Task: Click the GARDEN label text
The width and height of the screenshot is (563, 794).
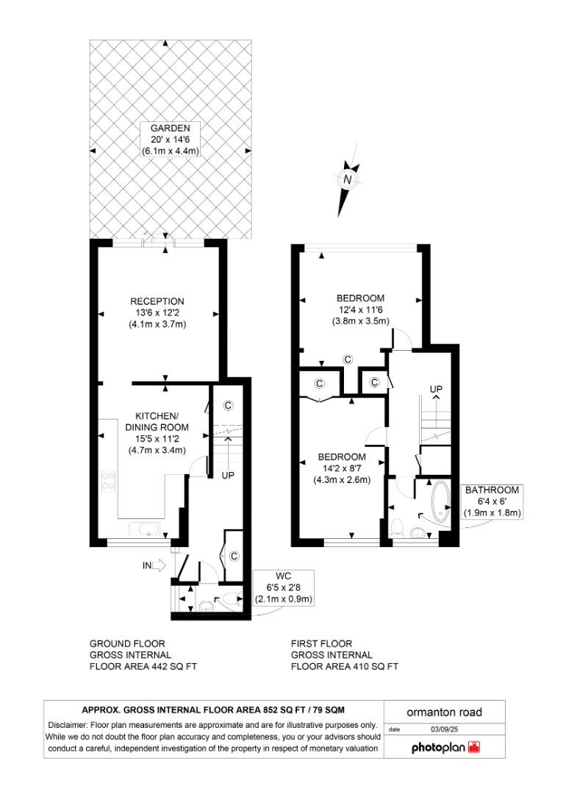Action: (171, 128)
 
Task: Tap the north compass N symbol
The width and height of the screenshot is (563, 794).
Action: (348, 179)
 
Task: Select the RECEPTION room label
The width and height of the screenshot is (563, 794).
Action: (157, 301)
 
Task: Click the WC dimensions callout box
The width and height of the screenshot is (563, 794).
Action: (284, 587)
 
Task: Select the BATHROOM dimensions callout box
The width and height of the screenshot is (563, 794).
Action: (492, 501)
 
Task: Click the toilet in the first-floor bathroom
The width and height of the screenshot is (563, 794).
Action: (397, 525)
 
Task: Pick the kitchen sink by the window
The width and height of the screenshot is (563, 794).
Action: (142, 529)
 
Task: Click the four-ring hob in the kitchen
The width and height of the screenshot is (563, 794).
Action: (108, 481)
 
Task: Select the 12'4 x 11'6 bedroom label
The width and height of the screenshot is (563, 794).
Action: (360, 298)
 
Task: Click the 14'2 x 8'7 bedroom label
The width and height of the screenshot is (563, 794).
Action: (342, 457)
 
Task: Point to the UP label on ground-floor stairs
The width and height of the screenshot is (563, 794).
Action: (228, 476)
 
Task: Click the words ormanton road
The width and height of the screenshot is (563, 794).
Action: (445, 712)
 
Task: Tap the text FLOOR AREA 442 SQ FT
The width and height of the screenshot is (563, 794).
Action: (143, 667)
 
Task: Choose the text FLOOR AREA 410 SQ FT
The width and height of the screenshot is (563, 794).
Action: (345, 667)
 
